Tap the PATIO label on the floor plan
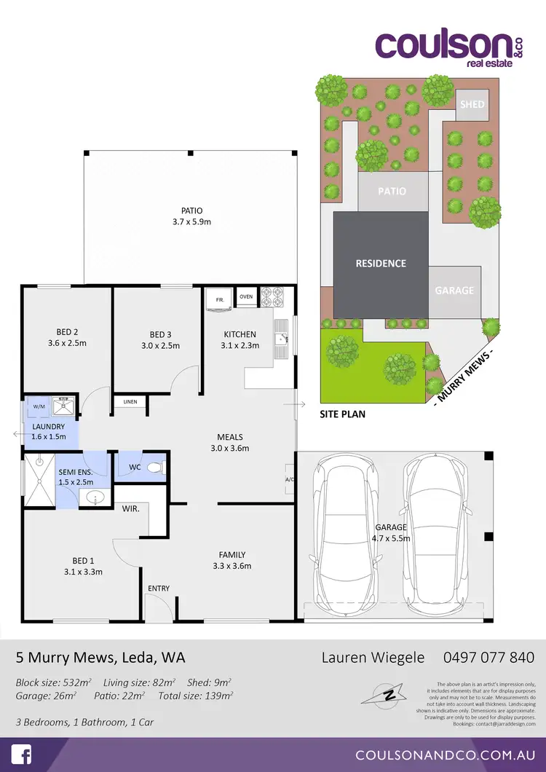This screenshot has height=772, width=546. [194, 210]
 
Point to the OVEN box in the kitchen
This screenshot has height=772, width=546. [246, 297]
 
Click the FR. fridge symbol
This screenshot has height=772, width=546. [219, 299]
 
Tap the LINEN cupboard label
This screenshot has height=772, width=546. [130, 402]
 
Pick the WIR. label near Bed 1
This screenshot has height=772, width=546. [131, 508]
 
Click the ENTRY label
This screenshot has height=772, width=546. [158, 588]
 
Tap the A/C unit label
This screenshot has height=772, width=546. [290, 479]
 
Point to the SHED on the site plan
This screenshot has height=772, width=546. [472, 104]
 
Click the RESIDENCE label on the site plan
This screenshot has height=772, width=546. [381, 263]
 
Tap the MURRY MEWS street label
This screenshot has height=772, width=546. [464, 375]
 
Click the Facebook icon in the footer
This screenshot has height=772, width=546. [21, 754]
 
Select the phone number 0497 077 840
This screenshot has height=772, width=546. [488, 658]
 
